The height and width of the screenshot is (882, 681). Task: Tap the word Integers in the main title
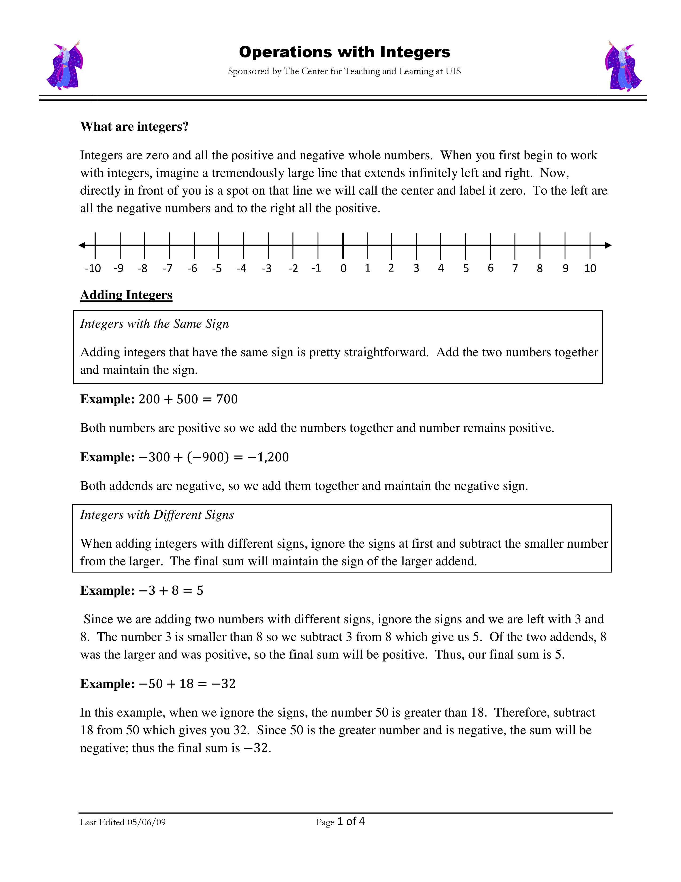[x=415, y=52]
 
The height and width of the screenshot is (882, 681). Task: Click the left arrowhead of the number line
[x=82, y=245]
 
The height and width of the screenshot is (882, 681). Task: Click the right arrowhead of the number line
[x=608, y=245]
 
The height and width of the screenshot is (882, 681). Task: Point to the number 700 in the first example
[x=227, y=399]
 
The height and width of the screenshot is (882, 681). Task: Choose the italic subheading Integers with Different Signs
[x=157, y=515]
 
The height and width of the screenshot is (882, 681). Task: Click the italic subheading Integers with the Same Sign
[x=155, y=324]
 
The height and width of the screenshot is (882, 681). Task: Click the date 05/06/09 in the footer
[x=146, y=822]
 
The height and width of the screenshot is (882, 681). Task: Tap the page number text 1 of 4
[x=351, y=821]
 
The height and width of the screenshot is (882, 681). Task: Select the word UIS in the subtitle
[x=453, y=71]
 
